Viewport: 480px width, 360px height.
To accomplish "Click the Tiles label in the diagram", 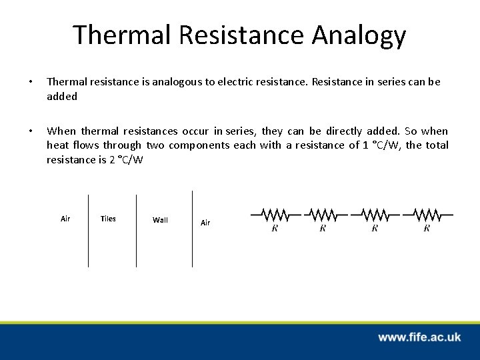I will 107,219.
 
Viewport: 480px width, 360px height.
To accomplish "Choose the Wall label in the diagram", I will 160,220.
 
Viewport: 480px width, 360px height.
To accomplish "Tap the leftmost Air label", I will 65,219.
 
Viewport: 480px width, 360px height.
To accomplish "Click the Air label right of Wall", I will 205,223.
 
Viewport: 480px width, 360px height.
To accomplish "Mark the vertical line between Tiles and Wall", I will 136,230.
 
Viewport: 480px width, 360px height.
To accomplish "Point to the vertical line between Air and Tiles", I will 88,230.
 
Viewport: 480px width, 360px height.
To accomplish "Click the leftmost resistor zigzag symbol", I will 275,215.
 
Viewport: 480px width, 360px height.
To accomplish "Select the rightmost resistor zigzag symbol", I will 427,215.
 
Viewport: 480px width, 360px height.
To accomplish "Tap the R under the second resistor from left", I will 323,228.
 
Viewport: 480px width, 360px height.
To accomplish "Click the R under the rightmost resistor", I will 427,228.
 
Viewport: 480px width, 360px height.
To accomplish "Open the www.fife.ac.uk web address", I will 419,337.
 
